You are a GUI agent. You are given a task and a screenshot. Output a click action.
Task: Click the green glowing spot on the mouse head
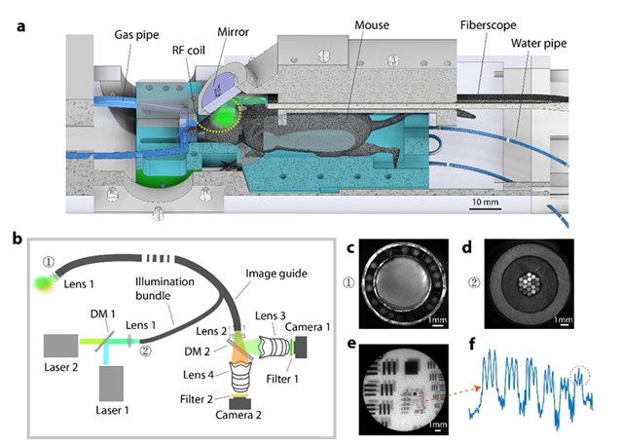227,118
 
